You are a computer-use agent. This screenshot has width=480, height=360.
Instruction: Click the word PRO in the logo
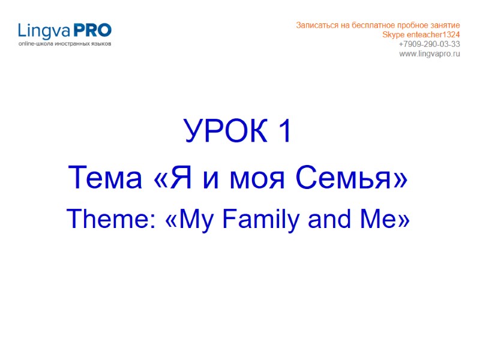click(92, 30)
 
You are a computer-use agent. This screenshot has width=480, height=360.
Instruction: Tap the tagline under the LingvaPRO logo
click(64, 44)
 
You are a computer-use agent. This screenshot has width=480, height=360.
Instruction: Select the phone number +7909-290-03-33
click(430, 44)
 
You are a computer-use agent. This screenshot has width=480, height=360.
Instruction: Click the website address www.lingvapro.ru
click(430, 54)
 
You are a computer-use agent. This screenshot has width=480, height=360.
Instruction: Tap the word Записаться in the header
click(316, 25)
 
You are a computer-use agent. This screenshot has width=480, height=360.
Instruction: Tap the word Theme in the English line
click(106, 220)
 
